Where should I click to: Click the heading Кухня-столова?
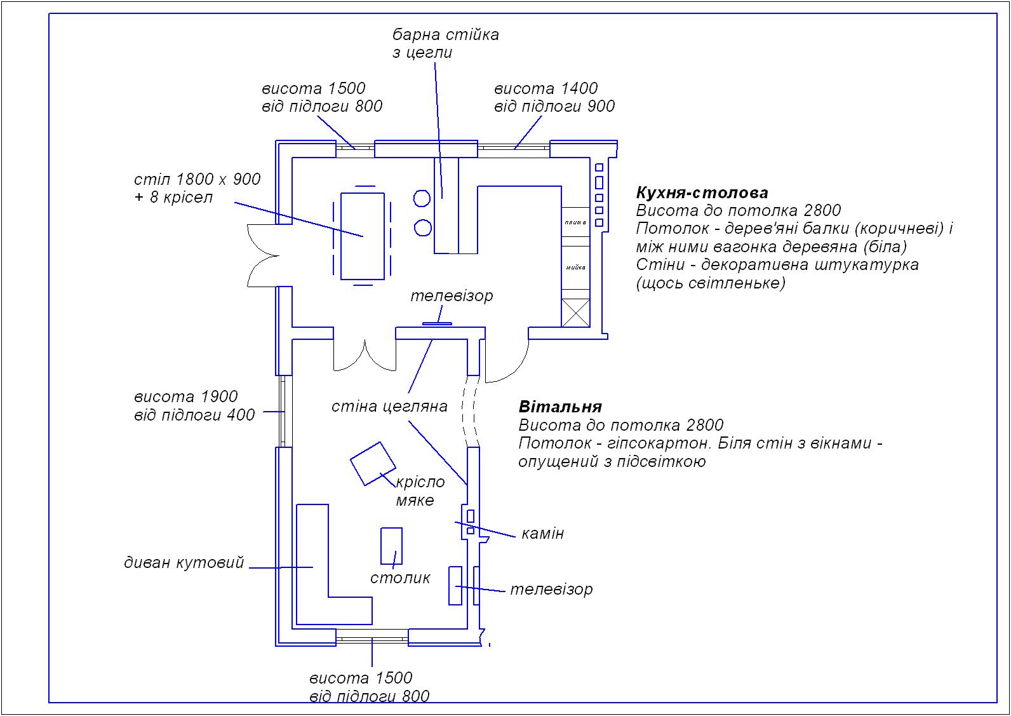pyautogui.click(x=702, y=193)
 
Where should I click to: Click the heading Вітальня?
pyautogui.click(x=559, y=407)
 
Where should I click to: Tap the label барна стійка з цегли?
pyautogui.click(x=445, y=43)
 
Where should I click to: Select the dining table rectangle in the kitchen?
pyautogui.click(x=362, y=236)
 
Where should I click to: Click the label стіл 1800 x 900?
pyautogui.click(x=198, y=180)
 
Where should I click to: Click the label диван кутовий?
pyautogui.click(x=184, y=563)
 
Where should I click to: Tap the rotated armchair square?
pyautogui.click(x=373, y=463)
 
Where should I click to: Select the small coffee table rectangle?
pyautogui.click(x=391, y=546)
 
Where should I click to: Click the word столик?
pyautogui.click(x=400, y=578)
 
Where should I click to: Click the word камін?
pyautogui.click(x=542, y=533)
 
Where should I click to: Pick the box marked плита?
pyautogui.click(x=575, y=222)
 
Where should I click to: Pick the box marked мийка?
pyautogui.click(x=575, y=267)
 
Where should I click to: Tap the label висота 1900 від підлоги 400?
pyautogui.click(x=194, y=406)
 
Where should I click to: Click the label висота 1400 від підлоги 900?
pyautogui.click(x=554, y=97)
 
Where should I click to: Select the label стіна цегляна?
pyautogui.click(x=389, y=407)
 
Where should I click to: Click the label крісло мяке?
pyautogui.click(x=420, y=491)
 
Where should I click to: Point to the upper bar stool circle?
pyautogui.click(x=422, y=198)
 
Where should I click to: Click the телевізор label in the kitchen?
pyautogui.click(x=451, y=296)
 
